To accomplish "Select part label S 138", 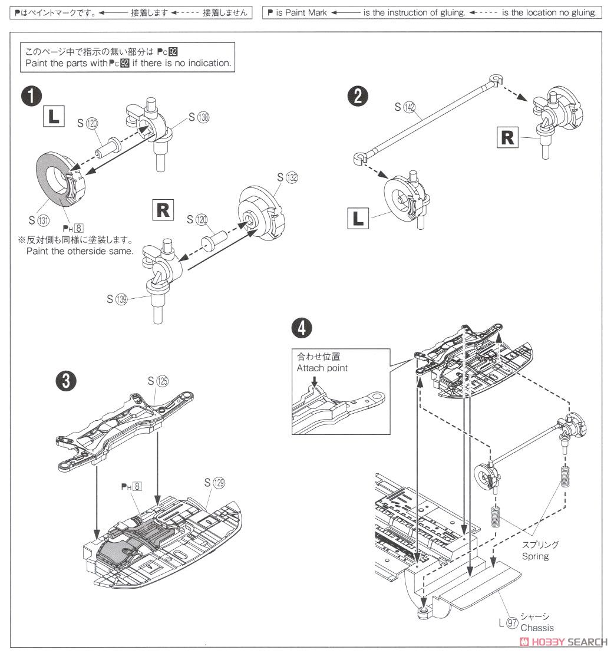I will (x=199, y=117).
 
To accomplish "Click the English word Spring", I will (x=534, y=556).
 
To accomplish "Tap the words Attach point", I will (x=322, y=368).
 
